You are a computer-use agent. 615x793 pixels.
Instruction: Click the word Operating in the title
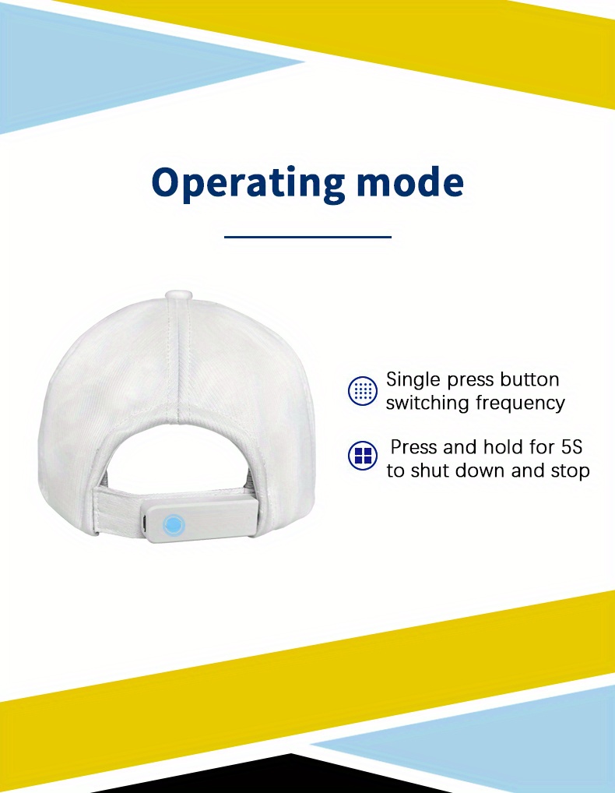coord(248,183)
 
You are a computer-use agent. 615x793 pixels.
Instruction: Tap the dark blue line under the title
coord(307,237)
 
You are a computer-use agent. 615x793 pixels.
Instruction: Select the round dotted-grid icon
coord(363,390)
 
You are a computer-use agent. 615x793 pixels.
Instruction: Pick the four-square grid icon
coord(363,455)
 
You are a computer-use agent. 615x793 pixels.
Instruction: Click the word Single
coord(414,380)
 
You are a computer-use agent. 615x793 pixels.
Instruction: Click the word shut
coord(430,471)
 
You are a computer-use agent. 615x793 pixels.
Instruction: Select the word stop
coord(570,471)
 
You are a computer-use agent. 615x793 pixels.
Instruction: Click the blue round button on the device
coord(174,525)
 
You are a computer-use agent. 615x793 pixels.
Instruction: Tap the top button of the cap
coord(177,294)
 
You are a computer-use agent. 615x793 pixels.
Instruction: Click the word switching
coord(427,404)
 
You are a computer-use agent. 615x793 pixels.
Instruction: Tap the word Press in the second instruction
coord(414,447)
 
